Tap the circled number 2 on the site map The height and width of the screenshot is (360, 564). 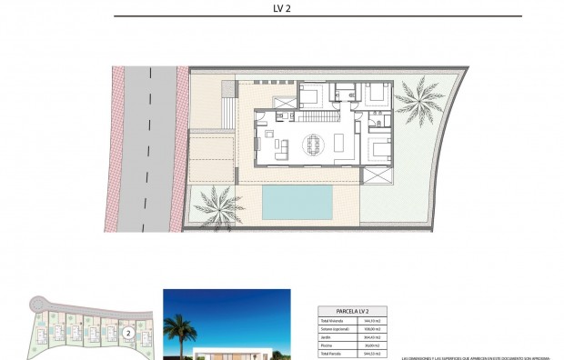[129, 333]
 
